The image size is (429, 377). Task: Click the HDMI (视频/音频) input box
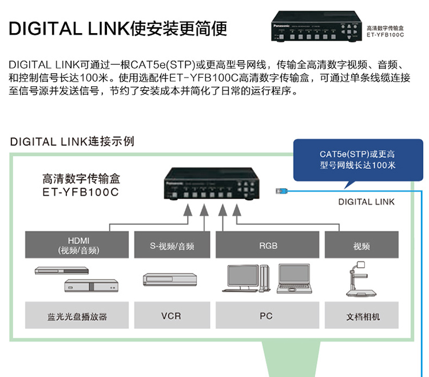[x=77, y=245]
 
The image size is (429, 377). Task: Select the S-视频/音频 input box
[x=172, y=245]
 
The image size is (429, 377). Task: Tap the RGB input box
[x=267, y=245]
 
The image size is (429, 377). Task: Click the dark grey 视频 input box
[x=362, y=245]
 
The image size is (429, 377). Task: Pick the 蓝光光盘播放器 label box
[x=77, y=315]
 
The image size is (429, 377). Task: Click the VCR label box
[x=172, y=315]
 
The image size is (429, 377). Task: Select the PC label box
[x=267, y=315]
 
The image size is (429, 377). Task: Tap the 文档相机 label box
[x=362, y=315]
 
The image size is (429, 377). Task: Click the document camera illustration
[x=361, y=279]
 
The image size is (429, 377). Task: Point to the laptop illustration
[x=294, y=279]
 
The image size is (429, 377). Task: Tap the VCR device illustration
[x=170, y=280]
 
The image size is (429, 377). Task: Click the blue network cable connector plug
[x=281, y=191]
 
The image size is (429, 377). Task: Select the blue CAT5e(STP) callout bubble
[x=358, y=160]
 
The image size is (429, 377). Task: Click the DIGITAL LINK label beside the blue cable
[x=366, y=202]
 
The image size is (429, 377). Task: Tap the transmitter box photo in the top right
[x=316, y=26]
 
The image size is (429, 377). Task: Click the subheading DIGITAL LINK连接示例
[x=72, y=142]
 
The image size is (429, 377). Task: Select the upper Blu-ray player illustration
[x=62, y=270]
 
